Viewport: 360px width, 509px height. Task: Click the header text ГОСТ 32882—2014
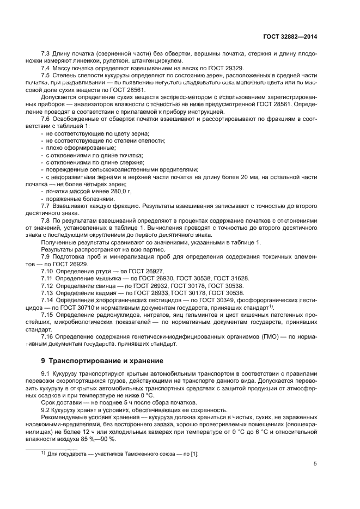pyautogui.click(x=289, y=38)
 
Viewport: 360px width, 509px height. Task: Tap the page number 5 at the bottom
pyautogui.click(x=315, y=464)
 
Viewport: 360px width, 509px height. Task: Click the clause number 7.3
pyautogui.click(x=46, y=54)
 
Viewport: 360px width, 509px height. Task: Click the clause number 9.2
pyautogui.click(x=46, y=410)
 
